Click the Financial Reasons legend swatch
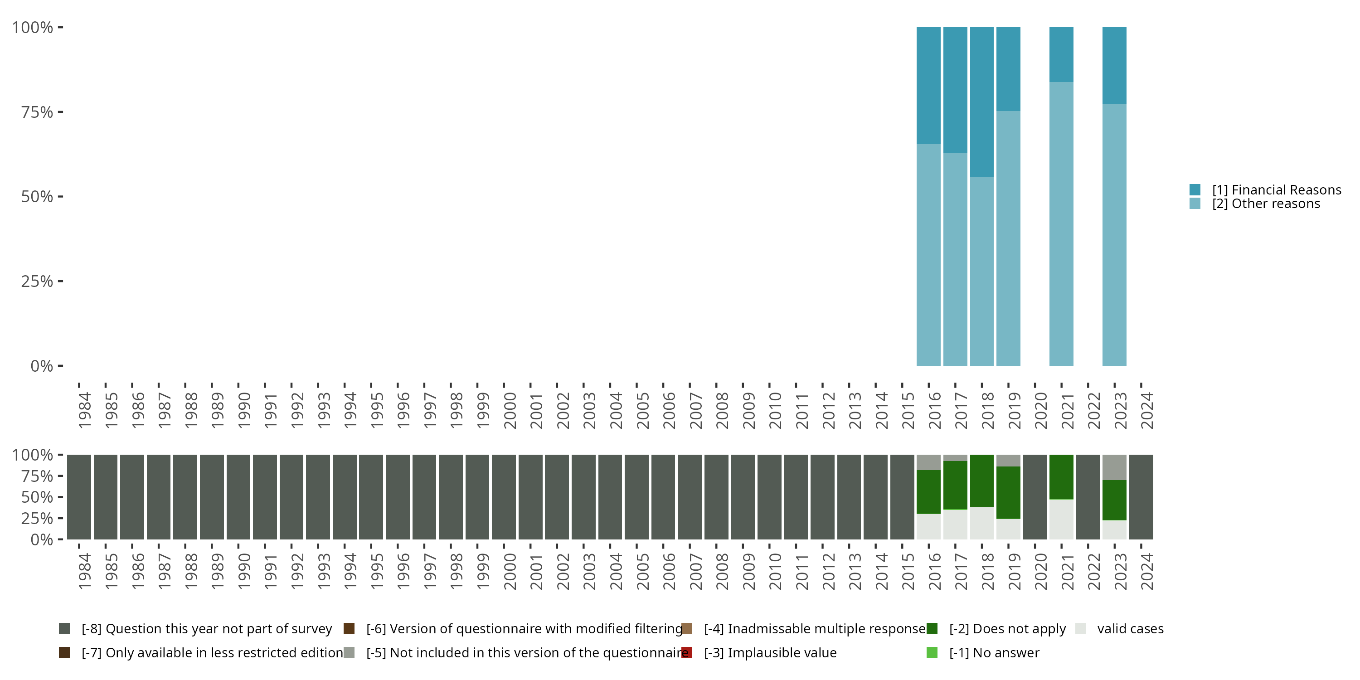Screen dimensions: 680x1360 point(1195,189)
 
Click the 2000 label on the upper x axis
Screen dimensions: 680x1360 point(510,410)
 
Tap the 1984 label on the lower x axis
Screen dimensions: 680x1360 point(84,571)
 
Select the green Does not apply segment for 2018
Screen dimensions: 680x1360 point(981,481)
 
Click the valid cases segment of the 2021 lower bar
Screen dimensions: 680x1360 point(1061,519)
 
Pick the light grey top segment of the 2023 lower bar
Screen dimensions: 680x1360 point(1114,467)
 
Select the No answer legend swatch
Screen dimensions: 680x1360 point(932,652)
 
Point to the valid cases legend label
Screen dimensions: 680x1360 point(1130,629)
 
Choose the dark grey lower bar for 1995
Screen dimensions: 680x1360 point(371,497)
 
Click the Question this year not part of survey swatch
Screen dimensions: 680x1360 point(64,629)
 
